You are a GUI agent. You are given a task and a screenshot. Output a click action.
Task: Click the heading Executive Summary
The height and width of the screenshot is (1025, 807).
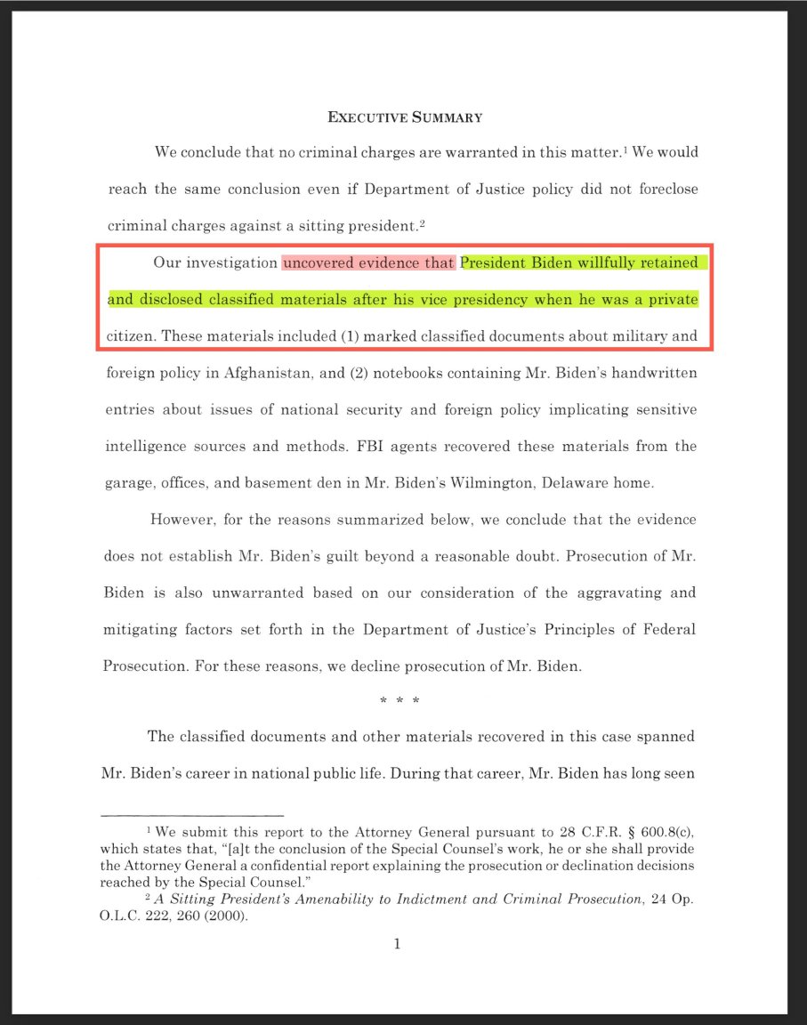405,117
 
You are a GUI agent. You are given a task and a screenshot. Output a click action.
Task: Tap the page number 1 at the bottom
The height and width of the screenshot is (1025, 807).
397,943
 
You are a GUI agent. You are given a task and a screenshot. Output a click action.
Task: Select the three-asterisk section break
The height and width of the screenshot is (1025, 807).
399,701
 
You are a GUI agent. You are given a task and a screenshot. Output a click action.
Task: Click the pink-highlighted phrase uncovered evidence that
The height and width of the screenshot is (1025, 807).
368,263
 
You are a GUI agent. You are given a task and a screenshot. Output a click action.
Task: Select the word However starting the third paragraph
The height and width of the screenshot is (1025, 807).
180,520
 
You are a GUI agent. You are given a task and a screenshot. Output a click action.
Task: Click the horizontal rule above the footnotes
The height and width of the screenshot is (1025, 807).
193,814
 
